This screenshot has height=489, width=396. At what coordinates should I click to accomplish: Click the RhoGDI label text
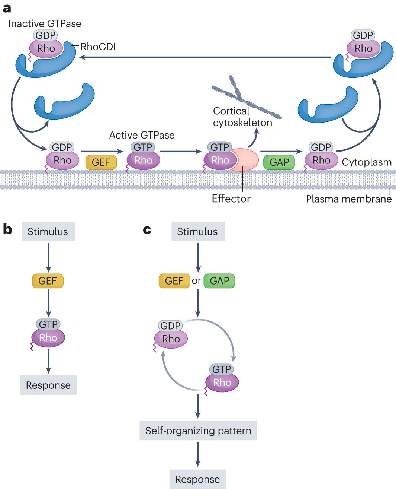(98, 47)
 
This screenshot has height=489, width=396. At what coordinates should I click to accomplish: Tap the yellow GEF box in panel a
(101, 162)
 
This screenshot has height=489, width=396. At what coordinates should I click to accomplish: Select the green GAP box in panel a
(279, 162)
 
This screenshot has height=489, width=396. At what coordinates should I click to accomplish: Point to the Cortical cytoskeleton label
(242, 117)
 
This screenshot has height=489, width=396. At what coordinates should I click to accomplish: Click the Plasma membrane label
(348, 199)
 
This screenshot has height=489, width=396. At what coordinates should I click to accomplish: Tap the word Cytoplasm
(367, 162)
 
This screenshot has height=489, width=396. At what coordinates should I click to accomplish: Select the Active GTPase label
(142, 135)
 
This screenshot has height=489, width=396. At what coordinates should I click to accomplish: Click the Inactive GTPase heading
(45, 23)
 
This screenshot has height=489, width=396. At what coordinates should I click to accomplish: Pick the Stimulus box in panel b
(49, 231)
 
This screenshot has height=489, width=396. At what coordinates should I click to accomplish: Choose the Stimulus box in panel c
(198, 231)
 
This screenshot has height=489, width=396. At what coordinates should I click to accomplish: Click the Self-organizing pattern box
(198, 431)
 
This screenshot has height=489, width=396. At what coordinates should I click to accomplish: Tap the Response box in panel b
(48, 385)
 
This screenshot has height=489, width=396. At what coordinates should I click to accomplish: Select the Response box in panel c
(197, 479)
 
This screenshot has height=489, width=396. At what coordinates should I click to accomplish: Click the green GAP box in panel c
(219, 281)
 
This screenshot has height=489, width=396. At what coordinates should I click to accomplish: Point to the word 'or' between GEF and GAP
(196, 281)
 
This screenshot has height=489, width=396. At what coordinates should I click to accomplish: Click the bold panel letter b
(7, 229)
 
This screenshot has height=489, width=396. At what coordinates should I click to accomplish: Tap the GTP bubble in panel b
(48, 324)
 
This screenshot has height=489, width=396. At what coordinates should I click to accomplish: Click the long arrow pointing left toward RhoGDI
(205, 57)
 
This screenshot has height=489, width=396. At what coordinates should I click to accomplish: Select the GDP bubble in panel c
(170, 326)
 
